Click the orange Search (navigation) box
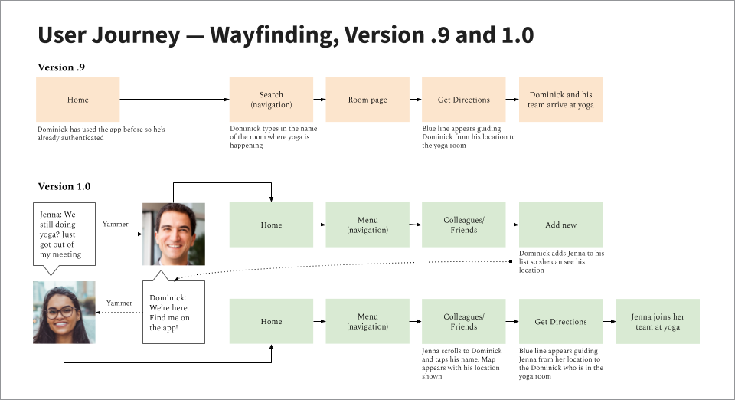[x=271, y=100]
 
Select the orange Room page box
[x=367, y=100]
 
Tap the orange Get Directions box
[x=464, y=100]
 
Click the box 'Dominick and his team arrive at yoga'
[x=560, y=100]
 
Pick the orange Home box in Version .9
[x=77, y=100]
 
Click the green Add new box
[x=560, y=225]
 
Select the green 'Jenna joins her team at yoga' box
[x=658, y=322]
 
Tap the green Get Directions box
[x=560, y=322]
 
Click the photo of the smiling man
[x=174, y=234]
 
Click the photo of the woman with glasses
[x=64, y=313]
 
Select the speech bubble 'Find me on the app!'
[x=174, y=311]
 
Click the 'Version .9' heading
[x=61, y=67]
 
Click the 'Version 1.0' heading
[x=64, y=186]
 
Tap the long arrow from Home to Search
[x=175, y=100]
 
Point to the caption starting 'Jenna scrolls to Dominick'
[x=462, y=363]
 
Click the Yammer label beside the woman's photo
[x=119, y=303]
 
